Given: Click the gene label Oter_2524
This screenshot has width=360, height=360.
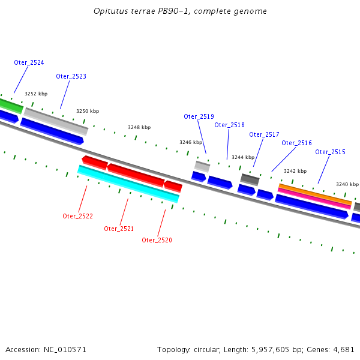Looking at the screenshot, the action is (29, 63).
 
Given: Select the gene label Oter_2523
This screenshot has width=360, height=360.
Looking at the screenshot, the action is (71, 77).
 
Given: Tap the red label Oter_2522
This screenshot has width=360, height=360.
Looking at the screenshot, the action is (77, 216).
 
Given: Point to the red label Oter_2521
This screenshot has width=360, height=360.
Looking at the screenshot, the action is (119, 229).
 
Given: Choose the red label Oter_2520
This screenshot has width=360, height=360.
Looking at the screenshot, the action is (157, 240).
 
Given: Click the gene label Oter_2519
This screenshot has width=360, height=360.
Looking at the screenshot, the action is (199, 117).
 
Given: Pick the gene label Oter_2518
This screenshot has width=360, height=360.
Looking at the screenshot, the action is (229, 125).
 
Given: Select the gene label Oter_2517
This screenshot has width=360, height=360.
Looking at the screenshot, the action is (264, 135).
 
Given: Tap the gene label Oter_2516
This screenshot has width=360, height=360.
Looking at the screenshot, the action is (296, 143).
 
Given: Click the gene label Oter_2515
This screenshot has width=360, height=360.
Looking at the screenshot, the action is (330, 152).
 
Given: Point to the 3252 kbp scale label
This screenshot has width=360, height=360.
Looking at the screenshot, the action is (35, 94).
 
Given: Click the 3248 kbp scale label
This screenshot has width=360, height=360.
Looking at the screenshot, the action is (139, 127).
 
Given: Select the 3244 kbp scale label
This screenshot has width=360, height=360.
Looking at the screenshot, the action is (242, 157).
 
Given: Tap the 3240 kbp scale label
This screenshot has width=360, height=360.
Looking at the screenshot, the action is (346, 185).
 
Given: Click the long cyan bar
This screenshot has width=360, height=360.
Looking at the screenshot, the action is (128, 184).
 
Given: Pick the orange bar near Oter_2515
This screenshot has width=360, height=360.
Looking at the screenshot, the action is (315, 193).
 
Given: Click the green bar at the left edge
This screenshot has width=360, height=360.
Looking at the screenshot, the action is (11, 106).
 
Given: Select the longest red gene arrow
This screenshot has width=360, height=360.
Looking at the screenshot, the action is (136, 174).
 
